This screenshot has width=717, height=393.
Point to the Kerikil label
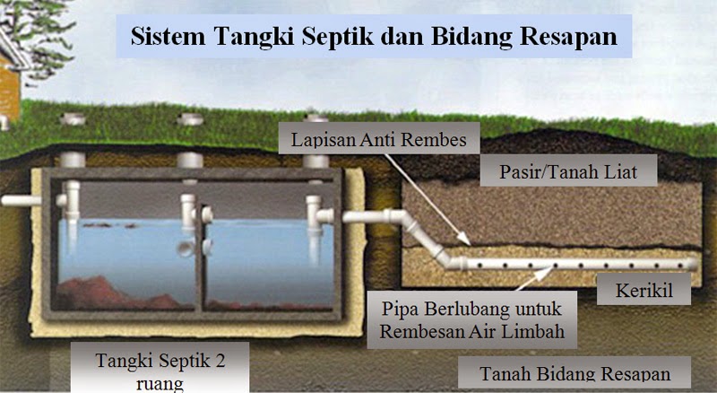click(x=645, y=292)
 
